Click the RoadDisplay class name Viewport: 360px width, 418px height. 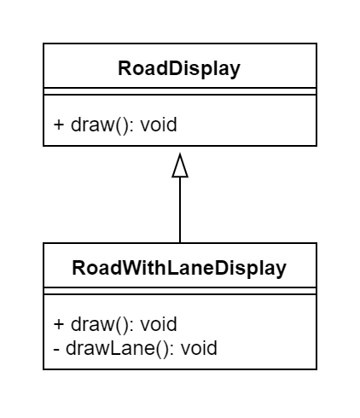[x=179, y=68]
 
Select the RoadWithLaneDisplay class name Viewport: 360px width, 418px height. [x=179, y=268]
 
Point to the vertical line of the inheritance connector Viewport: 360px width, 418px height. [x=180, y=209]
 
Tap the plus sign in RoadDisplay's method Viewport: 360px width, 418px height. [x=59, y=125]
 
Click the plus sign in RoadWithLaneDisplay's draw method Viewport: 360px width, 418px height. [x=59, y=324]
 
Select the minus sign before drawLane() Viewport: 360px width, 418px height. [x=56, y=348]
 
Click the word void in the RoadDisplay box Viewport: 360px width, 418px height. [x=158, y=125]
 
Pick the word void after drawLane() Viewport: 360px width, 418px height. [x=198, y=348]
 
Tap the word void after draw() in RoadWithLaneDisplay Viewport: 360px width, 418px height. [x=158, y=324]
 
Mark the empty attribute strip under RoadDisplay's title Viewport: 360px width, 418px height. [x=179, y=91]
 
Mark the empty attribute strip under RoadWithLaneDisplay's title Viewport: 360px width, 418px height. [x=179, y=291]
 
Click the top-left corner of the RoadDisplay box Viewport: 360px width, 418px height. [x=44, y=44]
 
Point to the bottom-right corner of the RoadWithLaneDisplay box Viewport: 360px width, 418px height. [x=316, y=369]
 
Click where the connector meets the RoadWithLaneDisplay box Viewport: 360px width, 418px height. [x=180, y=243]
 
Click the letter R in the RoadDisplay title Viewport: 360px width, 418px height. [x=125, y=68]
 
